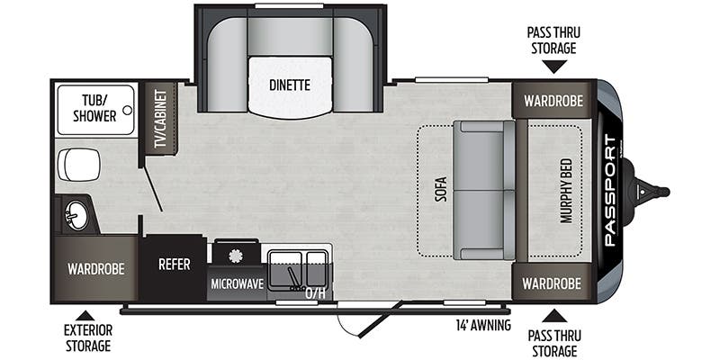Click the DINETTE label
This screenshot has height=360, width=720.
click(x=289, y=85)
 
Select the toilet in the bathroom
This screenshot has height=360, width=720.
click(x=79, y=165)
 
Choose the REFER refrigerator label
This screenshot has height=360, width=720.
click(x=173, y=265)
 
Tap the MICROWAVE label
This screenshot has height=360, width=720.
click(x=237, y=283)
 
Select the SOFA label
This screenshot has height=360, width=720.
click(x=441, y=190)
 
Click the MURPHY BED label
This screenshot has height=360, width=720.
click(x=566, y=191)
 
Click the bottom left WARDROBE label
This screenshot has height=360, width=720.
click(x=95, y=268)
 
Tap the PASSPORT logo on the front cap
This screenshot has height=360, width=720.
click(x=610, y=190)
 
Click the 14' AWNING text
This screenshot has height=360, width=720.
click(x=483, y=324)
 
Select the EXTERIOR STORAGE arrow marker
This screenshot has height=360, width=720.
click(x=85, y=315)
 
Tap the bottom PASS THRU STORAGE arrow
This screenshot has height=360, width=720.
click(x=553, y=315)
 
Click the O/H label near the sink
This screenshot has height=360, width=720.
click(x=314, y=292)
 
